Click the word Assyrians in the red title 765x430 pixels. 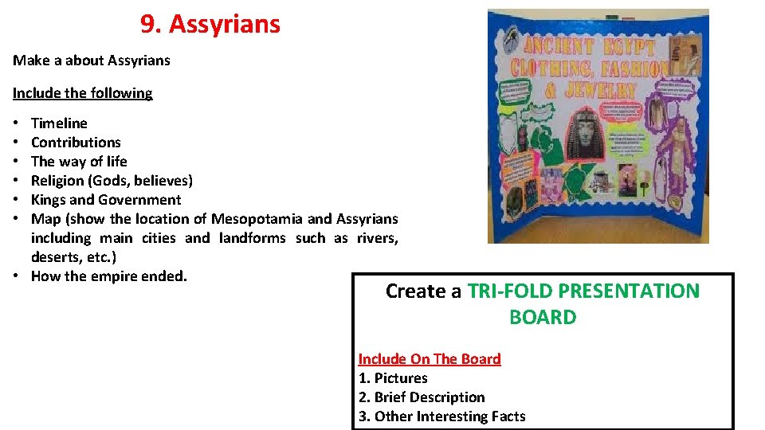(x=225, y=25)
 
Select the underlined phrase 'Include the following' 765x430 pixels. (x=82, y=93)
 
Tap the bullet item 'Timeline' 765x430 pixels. (x=59, y=123)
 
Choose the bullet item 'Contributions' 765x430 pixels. (x=76, y=143)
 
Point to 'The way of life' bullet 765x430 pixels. (x=79, y=162)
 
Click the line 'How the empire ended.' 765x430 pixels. (x=109, y=276)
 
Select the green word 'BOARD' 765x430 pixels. (x=543, y=318)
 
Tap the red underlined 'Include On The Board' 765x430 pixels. (x=430, y=359)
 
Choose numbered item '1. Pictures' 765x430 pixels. (x=393, y=378)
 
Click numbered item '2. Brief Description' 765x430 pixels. (x=422, y=397)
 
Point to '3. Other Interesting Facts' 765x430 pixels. (x=442, y=416)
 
